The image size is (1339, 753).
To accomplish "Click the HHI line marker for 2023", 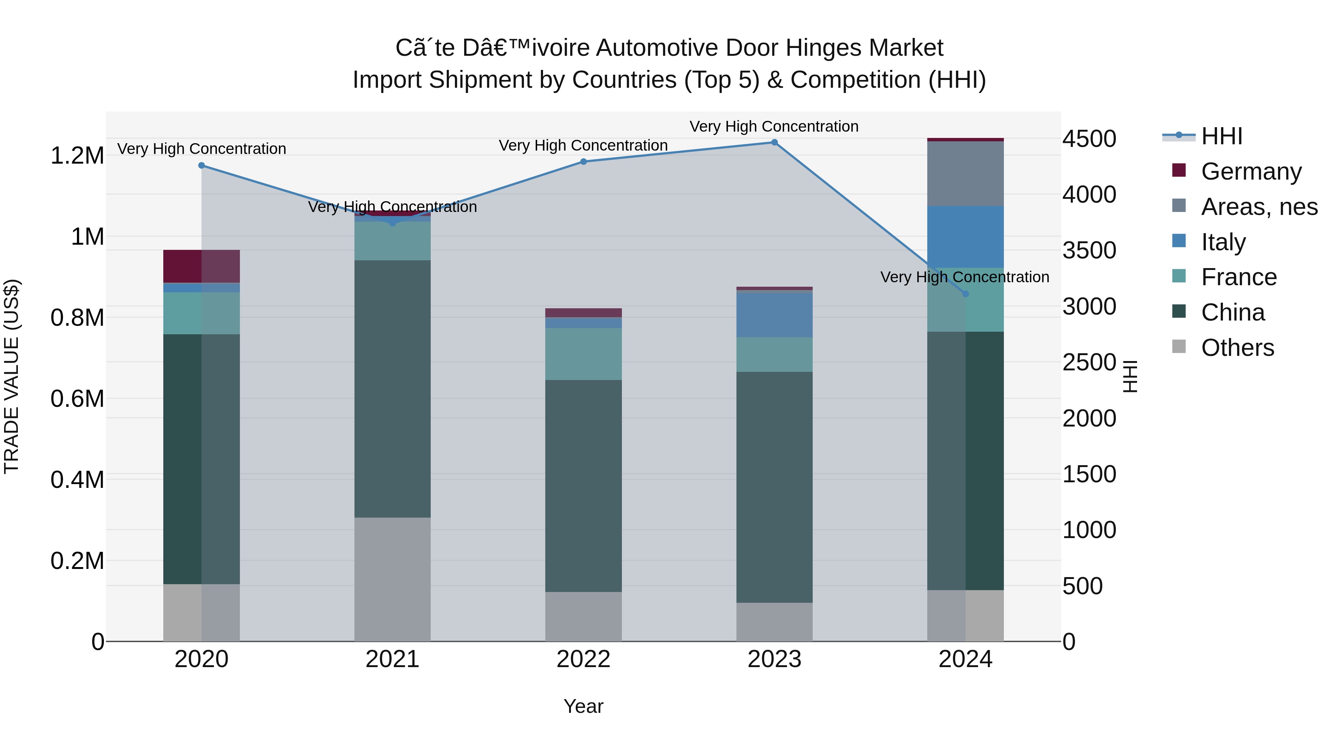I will click(774, 142).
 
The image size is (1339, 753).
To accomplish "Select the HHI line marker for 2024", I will click(965, 294).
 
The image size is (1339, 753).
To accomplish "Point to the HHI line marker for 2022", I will click(583, 162).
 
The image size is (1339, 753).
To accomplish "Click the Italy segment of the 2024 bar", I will click(965, 237).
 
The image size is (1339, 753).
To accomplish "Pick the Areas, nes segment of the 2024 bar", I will click(965, 174).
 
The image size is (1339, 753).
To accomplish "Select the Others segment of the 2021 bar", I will click(392, 579).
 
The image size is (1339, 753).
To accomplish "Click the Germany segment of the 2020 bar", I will click(202, 266).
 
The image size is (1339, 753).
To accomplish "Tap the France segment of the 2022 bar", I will click(583, 354).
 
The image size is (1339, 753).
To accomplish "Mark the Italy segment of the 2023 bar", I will click(774, 315).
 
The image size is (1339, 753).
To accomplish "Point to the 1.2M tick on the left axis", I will click(77, 156).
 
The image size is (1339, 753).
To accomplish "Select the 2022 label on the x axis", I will click(583, 659).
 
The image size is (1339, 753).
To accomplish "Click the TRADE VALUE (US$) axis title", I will click(12, 376).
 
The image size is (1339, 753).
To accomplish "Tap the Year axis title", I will click(583, 706).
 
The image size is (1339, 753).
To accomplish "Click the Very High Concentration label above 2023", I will click(774, 126).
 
